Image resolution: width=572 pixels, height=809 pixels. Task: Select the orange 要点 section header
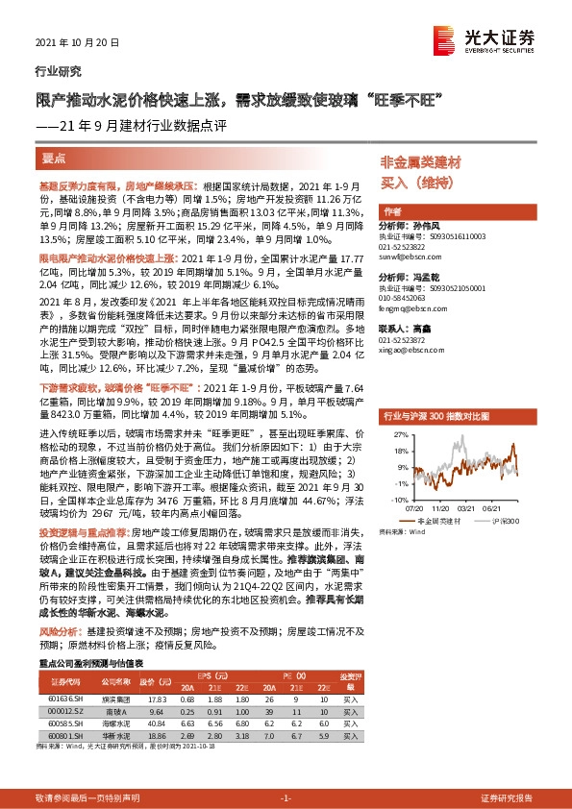point(53,158)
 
